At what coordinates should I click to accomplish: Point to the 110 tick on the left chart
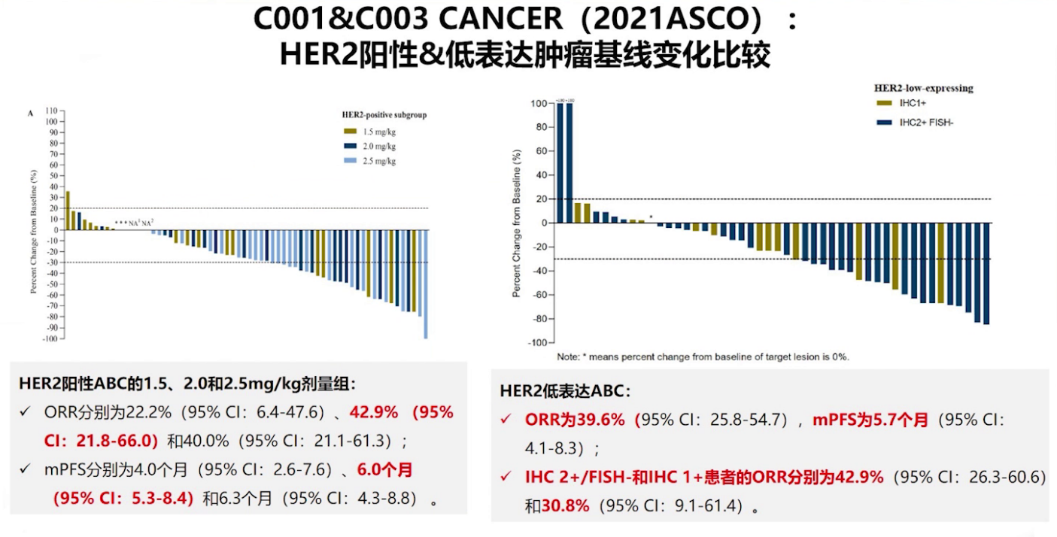[x=52, y=111]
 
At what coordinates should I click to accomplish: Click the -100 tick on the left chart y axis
[x=50, y=338]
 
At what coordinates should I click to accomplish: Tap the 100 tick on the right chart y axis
[x=537, y=103]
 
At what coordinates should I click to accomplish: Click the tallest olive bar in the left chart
[x=68, y=211]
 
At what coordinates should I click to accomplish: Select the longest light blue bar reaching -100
[x=426, y=284]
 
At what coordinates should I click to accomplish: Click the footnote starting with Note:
[x=703, y=356]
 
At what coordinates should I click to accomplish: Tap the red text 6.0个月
[x=384, y=470]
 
